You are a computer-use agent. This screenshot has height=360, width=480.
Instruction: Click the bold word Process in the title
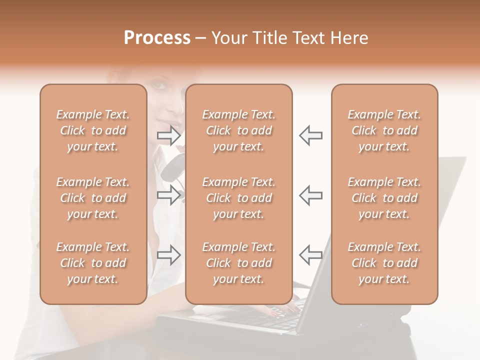(x=157, y=38)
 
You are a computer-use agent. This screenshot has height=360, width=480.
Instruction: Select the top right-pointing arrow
(x=169, y=135)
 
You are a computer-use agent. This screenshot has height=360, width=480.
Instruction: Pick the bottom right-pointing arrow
(x=169, y=255)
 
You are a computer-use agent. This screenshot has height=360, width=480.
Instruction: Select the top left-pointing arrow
(x=310, y=135)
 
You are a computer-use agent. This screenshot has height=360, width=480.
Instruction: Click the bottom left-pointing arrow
(x=310, y=255)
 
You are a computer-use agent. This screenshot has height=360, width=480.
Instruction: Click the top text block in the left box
(x=93, y=130)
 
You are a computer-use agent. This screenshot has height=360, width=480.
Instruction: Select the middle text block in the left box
(x=93, y=198)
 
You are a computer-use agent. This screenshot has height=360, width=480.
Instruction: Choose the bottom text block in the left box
(x=93, y=263)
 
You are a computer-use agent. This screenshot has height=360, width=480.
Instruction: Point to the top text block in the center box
(x=238, y=130)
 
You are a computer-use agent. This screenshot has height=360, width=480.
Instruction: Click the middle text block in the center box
(x=238, y=198)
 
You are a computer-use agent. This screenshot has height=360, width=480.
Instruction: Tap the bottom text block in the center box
(x=238, y=263)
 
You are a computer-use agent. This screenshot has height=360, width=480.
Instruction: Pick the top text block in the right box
(x=384, y=130)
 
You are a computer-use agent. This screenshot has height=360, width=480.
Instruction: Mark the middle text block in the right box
(x=384, y=198)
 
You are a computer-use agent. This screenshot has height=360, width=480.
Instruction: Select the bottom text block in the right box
(x=384, y=263)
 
